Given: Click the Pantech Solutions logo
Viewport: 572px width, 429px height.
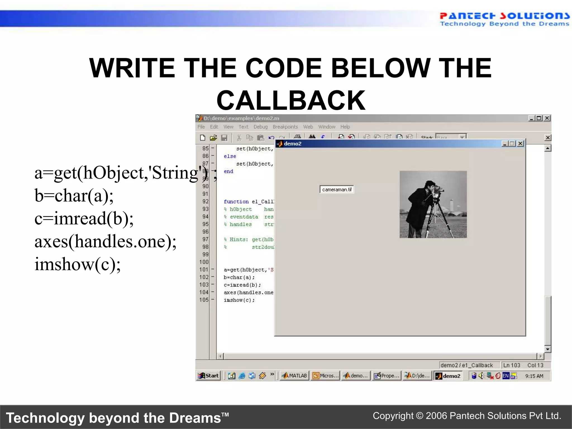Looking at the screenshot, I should click(x=504, y=19).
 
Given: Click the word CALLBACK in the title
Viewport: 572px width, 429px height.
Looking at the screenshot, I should click(x=291, y=101).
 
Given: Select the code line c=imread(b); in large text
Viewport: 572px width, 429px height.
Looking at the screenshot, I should click(x=84, y=218).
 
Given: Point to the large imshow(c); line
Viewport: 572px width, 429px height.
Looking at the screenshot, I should click(x=77, y=264).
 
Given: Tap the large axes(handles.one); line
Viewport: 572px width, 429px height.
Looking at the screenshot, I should click(x=105, y=241).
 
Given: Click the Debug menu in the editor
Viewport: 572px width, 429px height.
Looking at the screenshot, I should click(x=260, y=127).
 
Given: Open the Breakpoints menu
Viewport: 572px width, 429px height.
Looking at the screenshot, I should click(x=285, y=127).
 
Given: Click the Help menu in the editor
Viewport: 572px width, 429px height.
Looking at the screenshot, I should click(x=345, y=127).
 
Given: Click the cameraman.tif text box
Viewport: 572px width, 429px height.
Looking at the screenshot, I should click(x=337, y=189).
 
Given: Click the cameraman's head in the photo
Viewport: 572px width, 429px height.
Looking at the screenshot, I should click(x=430, y=185).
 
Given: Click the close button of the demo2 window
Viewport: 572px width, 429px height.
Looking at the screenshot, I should click(x=520, y=144).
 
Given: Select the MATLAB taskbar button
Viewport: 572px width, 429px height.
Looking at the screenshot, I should click(x=295, y=376).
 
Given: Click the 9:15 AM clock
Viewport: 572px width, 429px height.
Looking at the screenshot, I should click(x=534, y=376).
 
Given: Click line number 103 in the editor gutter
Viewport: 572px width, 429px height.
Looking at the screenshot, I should click(x=204, y=285).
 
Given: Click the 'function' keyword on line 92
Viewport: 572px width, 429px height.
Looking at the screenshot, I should click(x=236, y=202).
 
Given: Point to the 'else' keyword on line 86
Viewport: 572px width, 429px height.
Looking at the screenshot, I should click(x=230, y=156).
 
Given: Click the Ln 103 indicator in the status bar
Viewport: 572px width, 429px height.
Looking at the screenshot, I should click(x=512, y=365).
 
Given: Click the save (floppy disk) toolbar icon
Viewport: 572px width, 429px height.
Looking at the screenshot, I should click(x=224, y=138).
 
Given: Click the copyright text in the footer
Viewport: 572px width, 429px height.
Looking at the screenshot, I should click(x=467, y=416).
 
